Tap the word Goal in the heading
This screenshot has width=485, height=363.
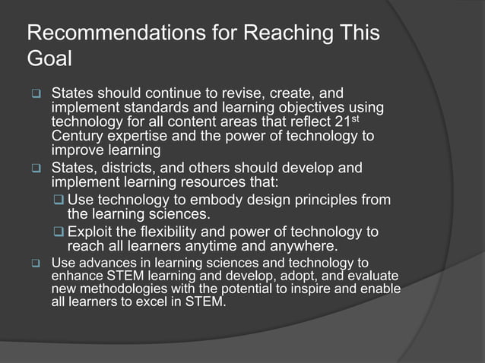tap(48, 59)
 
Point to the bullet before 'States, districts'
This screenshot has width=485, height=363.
tap(34, 169)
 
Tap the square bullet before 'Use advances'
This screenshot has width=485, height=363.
tap(34, 264)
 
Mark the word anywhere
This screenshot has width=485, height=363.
tap(301, 246)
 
